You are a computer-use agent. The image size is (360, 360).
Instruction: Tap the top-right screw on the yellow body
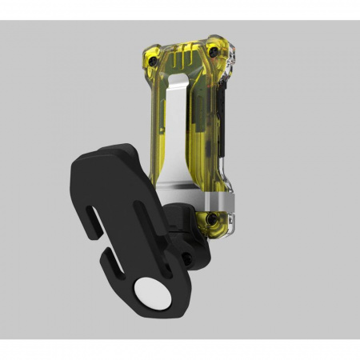pyautogui.click(x=214, y=49)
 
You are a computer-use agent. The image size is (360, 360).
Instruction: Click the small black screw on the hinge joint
pyautogui.click(x=186, y=256)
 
